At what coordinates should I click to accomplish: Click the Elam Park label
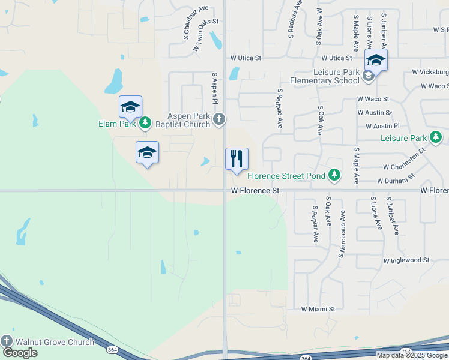pos(118,124)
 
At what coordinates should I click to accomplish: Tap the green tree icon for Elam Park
pos(145,124)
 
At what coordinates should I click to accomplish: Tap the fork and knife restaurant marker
pos(237,159)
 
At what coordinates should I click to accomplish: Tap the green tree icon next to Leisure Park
pos(436,138)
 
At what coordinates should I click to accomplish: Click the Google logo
pos(20,353)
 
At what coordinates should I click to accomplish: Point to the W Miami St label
pos(318,309)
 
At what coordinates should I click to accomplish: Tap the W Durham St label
pos(396,179)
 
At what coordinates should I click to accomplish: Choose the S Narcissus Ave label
pos(342,234)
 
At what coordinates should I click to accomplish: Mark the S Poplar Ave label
pos(315,225)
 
